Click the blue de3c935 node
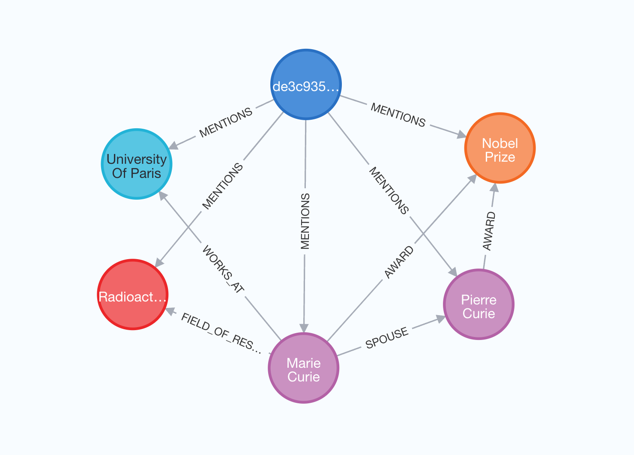tap(306, 85)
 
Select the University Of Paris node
tap(137, 164)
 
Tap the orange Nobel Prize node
tap(500, 148)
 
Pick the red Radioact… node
tap(133, 295)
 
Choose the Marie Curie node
tap(304, 368)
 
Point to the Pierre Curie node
tap(478, 304)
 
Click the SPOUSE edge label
tap(387, 338)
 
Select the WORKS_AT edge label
tap(223, 269)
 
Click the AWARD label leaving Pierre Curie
tap(489, 231)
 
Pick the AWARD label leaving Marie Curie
tap(399, 262)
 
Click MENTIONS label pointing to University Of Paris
tap(226, 123)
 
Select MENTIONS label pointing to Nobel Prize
tap(398, 115)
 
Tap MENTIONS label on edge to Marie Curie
tap(305, 221)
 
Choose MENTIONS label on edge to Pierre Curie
tap(389, 190)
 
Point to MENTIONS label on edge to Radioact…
tap(222, 186)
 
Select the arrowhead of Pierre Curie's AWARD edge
tap(494, 188)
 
